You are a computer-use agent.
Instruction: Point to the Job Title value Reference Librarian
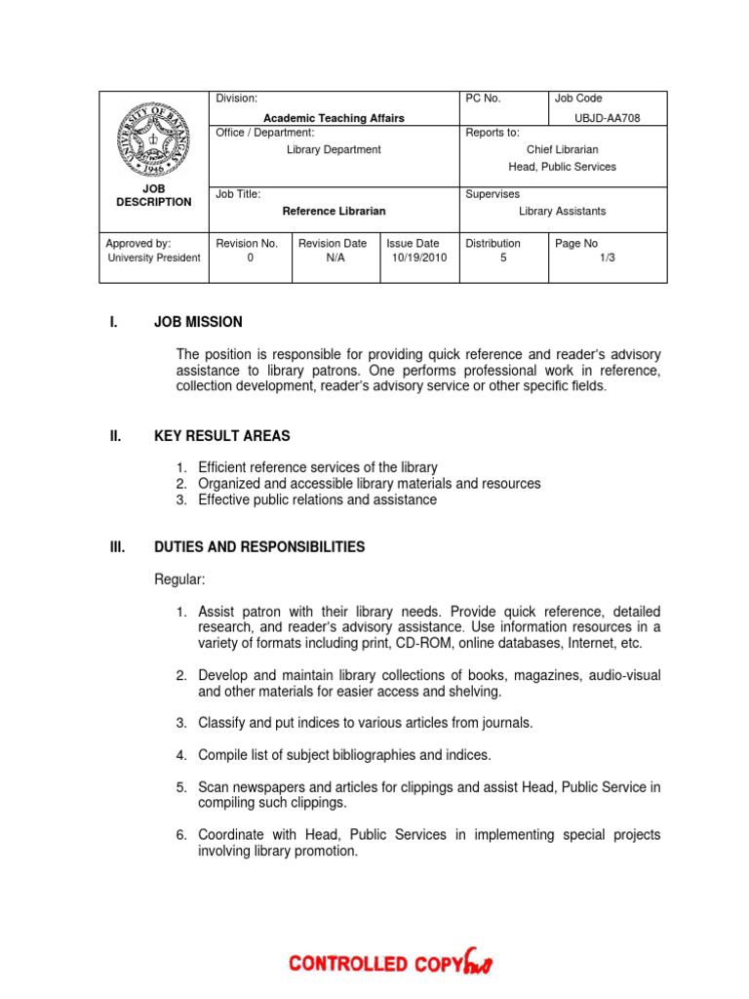tap(334, 211)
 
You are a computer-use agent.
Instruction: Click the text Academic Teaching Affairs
tap(334, 118)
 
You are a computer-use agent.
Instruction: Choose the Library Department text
tap(334, 149)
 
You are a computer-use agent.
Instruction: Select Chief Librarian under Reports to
tap(562, 149)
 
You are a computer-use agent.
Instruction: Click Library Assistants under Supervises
tap(562, 211)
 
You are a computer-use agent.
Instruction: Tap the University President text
tap(154, 258)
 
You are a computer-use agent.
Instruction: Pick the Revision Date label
tap(333, 243)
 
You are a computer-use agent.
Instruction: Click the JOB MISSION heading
tap(198, 322)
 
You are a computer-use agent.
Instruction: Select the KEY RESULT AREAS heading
tap(221, 436)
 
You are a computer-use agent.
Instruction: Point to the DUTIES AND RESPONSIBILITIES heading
tap(259, 547)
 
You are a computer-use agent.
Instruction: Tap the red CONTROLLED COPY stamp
tap(390, 963)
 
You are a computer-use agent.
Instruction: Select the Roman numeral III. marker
tap(117, 547)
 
